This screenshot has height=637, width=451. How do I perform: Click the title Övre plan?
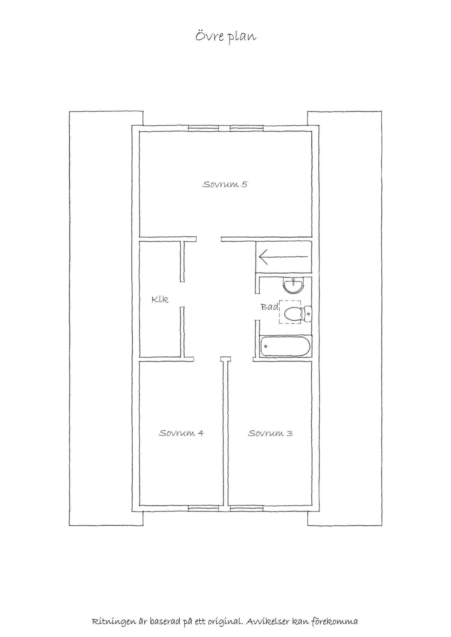[x=225, y=37]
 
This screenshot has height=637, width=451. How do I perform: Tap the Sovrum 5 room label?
[x=225, y=185]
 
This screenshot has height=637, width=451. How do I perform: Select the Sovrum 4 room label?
[x=181, y=433]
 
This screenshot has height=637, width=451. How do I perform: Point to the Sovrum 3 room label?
[x=270, y=433]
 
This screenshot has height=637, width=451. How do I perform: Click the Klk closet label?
[x=160, y=299]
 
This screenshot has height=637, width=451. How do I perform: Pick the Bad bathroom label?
[x=270, y=307]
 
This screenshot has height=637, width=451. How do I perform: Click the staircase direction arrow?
[x=283, y=257]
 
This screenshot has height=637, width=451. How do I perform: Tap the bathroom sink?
[x=294, y=286]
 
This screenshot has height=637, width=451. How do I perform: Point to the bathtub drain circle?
[x=266, y=346]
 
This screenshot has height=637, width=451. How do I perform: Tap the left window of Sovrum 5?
[x=204, y=128]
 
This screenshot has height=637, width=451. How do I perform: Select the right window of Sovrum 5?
[x=247, y=128]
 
